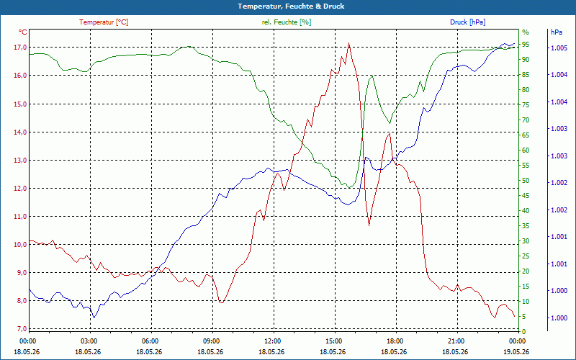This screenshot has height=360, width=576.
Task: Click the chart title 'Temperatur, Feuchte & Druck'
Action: (291, 6)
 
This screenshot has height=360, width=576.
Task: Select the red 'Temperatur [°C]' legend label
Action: (104, 22)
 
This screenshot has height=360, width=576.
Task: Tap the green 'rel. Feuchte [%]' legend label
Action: (286, 22)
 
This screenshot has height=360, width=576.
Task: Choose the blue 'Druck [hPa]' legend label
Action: (467, 22)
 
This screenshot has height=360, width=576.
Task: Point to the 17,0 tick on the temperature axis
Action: (21, 47)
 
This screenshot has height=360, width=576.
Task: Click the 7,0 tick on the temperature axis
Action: (21, 329)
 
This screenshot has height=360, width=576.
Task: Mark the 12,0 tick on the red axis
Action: (21, 188)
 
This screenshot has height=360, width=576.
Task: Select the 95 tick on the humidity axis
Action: (526, 45)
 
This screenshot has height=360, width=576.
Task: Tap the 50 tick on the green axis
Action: (526, 181)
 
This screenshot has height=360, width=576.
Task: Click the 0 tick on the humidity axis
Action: (524, 331)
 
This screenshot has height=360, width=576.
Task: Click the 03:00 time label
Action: (89, 341)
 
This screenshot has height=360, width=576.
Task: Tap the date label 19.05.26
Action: (517, 351)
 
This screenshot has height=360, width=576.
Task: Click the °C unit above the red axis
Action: (23, 32)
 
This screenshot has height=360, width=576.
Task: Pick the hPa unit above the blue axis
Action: (556, 32)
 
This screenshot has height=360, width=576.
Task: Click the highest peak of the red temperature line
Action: (348, 43)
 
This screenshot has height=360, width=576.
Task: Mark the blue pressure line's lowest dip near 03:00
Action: (94, 318)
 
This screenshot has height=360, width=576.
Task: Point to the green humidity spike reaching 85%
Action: (372, 76)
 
